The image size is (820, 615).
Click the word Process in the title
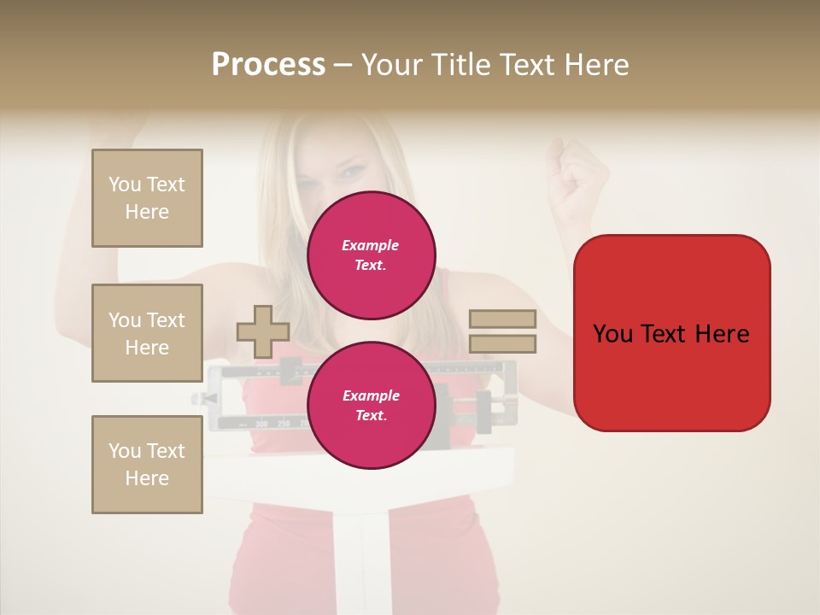268,65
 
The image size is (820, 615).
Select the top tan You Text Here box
147,198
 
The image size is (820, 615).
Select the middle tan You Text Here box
147,333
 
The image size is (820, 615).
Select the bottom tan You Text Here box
147,465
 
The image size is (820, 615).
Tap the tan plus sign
263,331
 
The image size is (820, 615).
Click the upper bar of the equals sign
502,319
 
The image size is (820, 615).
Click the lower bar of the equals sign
502,344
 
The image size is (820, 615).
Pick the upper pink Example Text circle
371,255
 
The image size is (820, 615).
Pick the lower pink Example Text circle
371,405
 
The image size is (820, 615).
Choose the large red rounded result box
671,333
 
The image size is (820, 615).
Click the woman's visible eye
351,173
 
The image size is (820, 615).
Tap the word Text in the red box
660,334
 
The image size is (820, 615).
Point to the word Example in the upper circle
371,245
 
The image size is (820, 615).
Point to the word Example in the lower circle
371,395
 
